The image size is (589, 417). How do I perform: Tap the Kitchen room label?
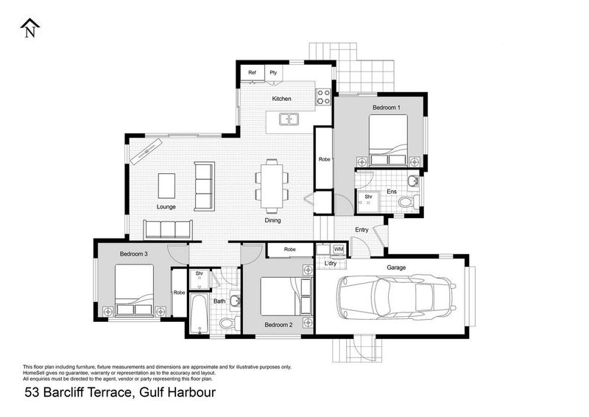281,99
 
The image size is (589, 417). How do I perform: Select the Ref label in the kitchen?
252,72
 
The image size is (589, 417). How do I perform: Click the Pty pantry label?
273,72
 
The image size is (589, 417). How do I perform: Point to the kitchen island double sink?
289,119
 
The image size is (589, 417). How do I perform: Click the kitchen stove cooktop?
322,95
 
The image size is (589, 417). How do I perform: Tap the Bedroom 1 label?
386,108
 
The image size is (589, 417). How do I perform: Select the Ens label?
392,192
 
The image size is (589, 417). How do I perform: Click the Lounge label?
166,207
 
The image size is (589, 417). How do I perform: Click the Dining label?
272,220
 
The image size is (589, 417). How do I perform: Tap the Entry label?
361,230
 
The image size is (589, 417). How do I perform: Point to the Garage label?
397,267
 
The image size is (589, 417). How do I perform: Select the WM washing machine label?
338,249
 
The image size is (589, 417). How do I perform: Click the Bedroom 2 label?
279,325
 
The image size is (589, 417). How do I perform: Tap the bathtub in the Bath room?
197,315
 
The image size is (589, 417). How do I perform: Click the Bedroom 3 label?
134,254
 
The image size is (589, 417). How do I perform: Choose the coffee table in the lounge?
167,184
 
